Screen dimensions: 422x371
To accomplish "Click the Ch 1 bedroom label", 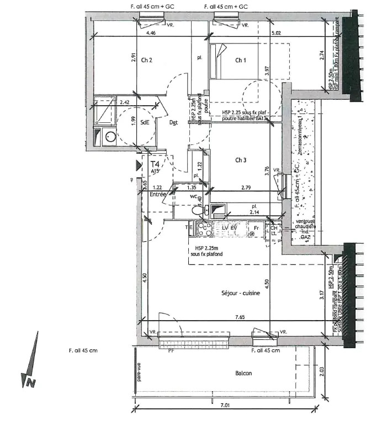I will point(241,60).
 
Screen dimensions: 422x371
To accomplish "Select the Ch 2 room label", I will point(147,60).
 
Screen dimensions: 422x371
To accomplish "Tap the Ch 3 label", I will point(241,160).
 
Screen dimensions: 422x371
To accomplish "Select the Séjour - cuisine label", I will point(237,293).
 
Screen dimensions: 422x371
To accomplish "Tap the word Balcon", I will point(243,373).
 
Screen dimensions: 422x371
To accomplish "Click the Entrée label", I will point(158,194).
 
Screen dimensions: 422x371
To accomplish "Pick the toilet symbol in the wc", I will point(197,210).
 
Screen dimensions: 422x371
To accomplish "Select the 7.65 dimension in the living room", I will point(239,317).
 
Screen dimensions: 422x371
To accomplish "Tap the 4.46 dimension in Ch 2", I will point(150,34).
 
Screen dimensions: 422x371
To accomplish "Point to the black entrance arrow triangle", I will point(139,164).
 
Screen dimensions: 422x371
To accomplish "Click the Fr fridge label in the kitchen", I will point(256,226).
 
